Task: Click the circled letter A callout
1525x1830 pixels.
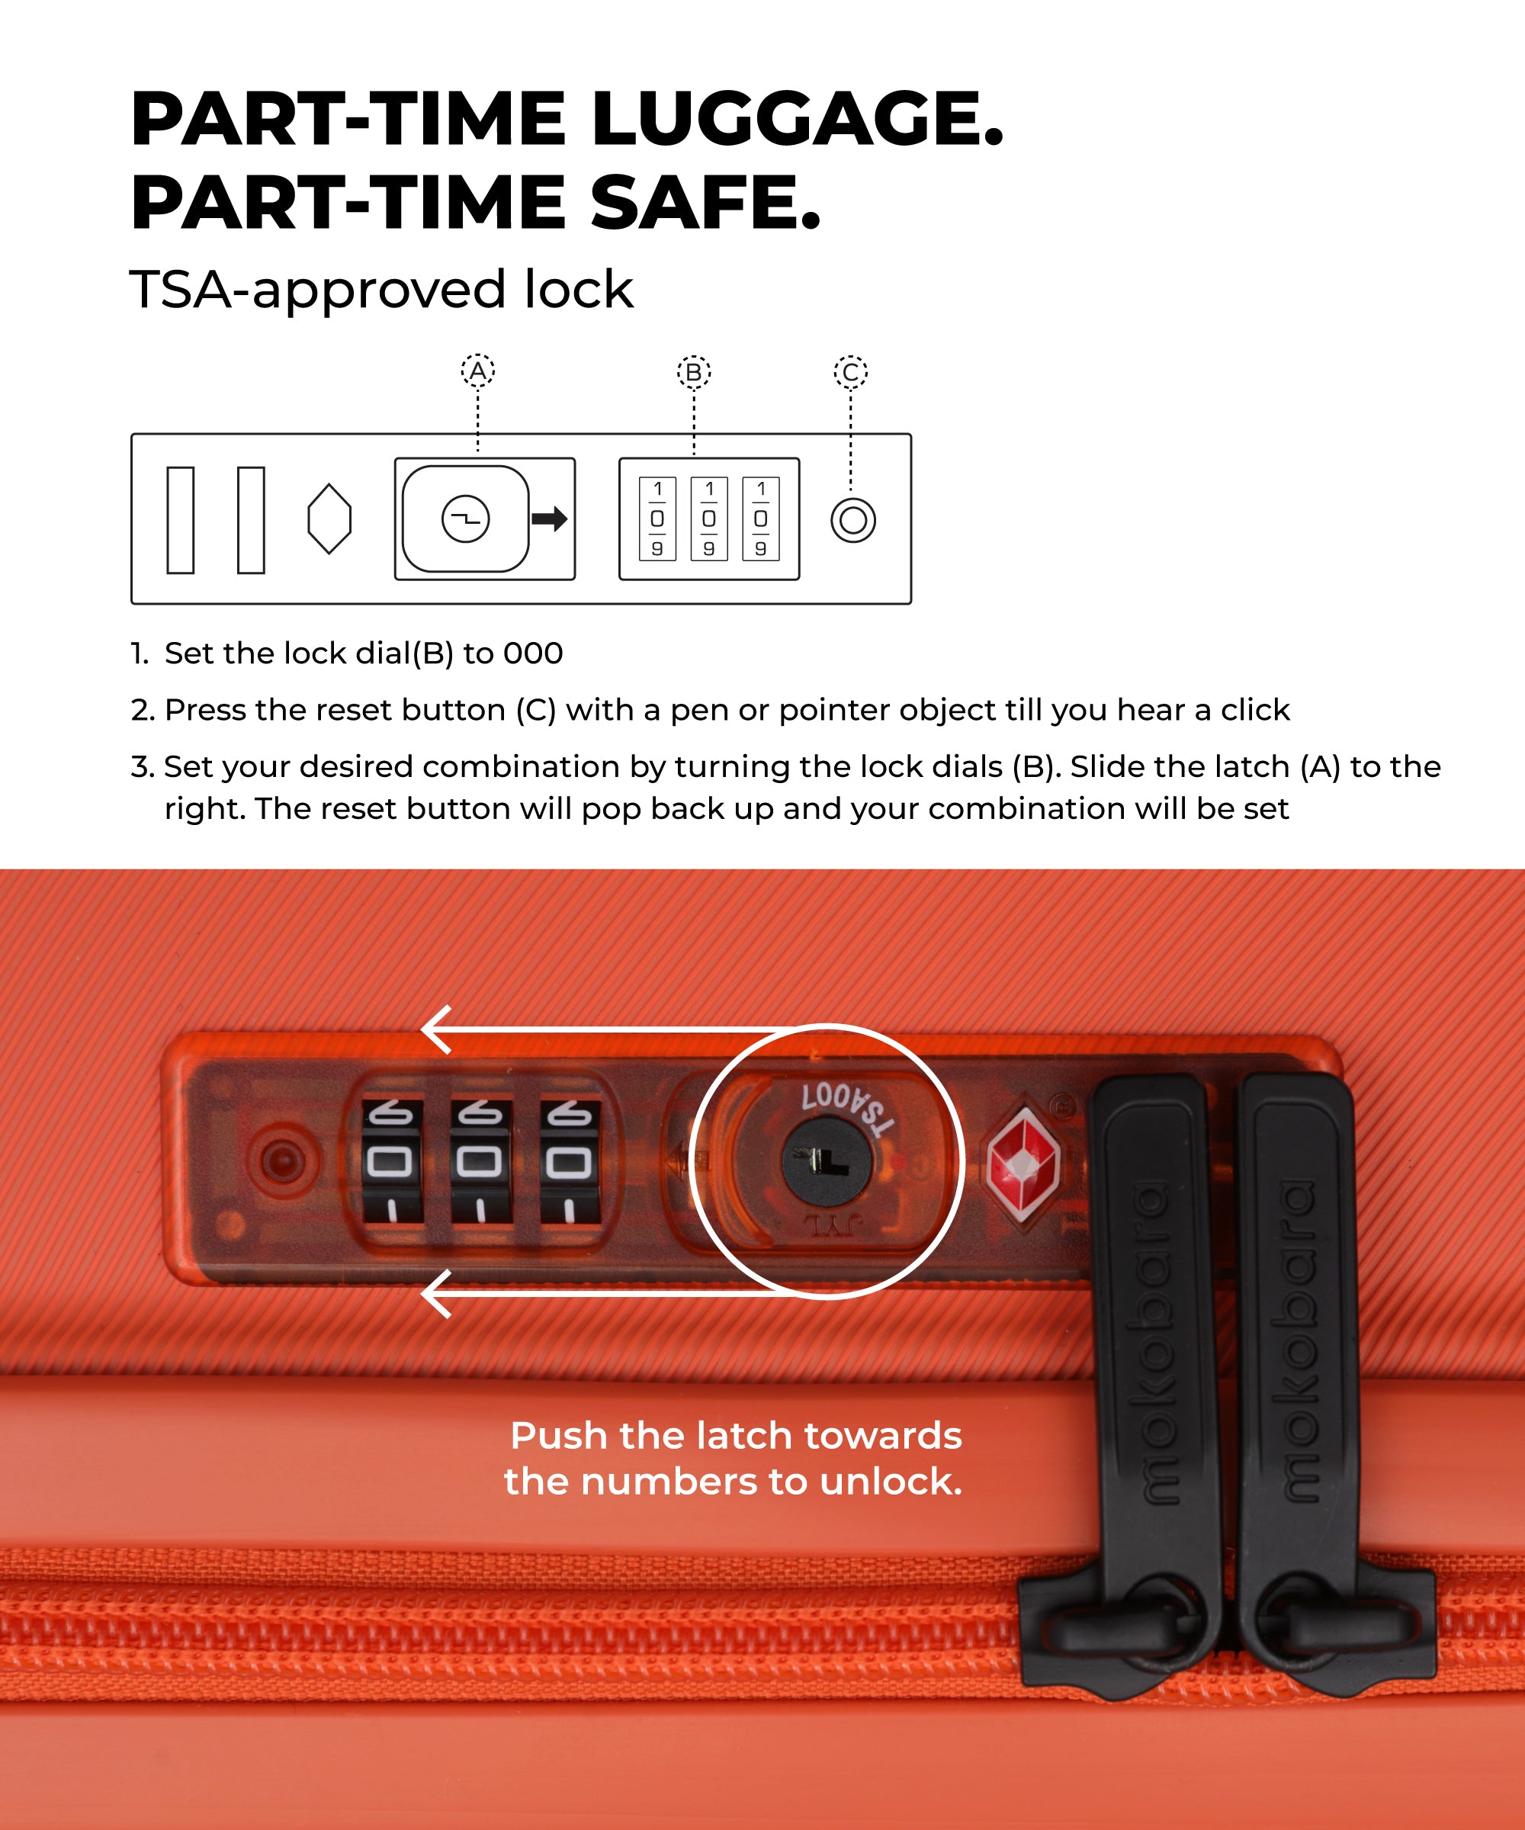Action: pos(477,372)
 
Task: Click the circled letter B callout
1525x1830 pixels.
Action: pos(694,373)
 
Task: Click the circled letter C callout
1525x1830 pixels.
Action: pos(850,373)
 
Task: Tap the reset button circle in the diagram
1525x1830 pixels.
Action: pos(852,520)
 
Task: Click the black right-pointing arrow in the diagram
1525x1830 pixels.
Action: pos(550,519)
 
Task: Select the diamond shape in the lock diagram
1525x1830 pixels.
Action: pos(329,518)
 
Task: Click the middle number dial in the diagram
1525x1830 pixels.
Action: pos(708,518)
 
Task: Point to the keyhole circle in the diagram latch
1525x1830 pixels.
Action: pos(465,519)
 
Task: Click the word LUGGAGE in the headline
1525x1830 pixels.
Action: pos(797,120)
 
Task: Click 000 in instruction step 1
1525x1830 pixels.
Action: pos(532,653)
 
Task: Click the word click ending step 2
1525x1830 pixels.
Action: pos(1254,710)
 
